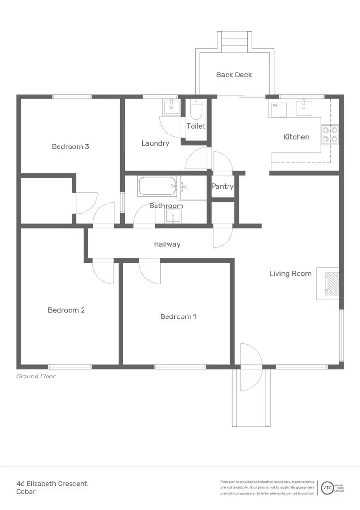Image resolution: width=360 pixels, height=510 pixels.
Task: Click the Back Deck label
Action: point(234,75)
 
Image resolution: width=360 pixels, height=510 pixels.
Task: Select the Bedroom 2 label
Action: point(66,310)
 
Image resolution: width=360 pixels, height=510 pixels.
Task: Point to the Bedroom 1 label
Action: point(178,316)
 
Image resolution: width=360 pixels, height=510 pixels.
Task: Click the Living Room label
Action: point(290,274)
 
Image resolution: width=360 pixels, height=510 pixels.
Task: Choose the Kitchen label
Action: point(296,137)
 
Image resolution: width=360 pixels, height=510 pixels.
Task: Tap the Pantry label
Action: point(223,186)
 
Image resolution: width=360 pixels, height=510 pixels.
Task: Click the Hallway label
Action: point(167,244)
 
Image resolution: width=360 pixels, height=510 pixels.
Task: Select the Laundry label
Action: point(155,143)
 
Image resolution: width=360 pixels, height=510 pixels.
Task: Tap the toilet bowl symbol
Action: point(196,111)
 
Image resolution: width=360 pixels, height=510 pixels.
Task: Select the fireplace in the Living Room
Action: point(331,284)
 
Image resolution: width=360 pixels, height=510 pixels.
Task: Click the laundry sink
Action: point(171,108)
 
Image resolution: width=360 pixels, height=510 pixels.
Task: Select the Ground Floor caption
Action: point(36,376)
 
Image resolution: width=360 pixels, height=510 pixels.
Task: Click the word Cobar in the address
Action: point(26,492)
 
